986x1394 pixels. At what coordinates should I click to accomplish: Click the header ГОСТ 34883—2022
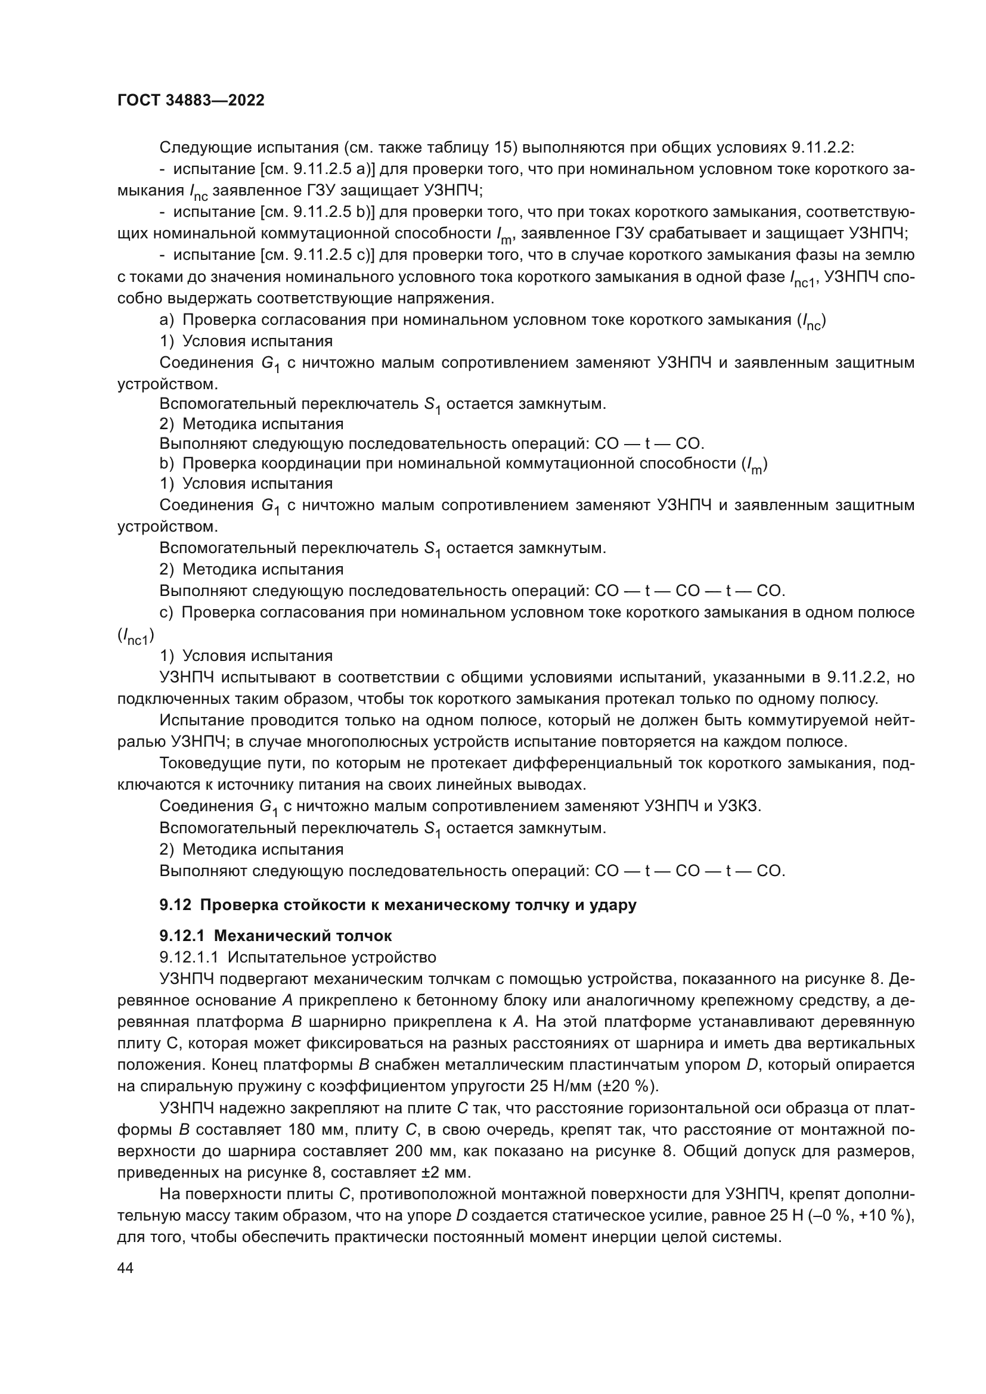point(191,101)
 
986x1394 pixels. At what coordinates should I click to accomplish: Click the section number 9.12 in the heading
point(175,905)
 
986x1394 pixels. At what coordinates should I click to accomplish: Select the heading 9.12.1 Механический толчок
point(275,936)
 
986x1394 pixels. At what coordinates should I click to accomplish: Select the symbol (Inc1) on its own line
point(135,636)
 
